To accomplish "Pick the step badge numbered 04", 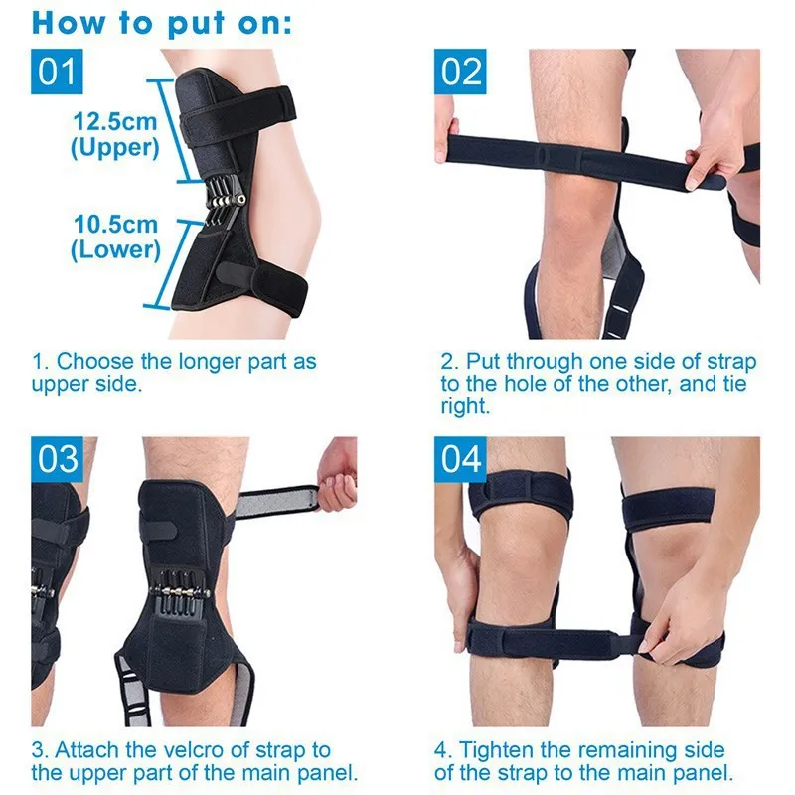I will click(x=462, y=460).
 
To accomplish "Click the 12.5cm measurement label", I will click(x=115, y=121).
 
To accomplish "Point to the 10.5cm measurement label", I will click(x=115, y=224).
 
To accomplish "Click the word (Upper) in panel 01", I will click(x=115, y=147).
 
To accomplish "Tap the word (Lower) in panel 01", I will click(x=115, y=249).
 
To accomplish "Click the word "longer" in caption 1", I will click(x=208, y=360).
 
